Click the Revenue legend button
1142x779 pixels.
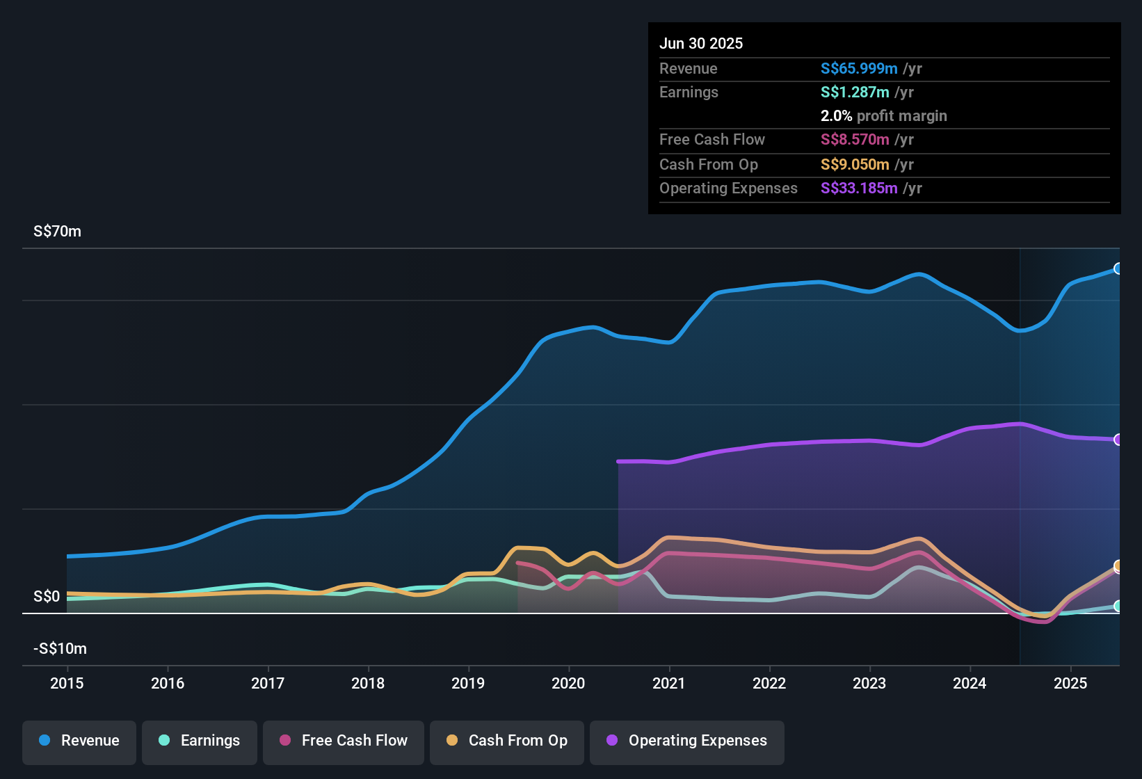[79, 741]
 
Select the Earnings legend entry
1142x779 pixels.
[200, 741]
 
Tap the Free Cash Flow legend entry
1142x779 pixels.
[344, 741]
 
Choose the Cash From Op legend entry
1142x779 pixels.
[507, 741]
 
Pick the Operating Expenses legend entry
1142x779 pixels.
[687, 741]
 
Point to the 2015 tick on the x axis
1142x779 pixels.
[67, 683]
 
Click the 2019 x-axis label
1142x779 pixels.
[468, 683]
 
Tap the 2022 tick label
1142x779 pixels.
[769, 683]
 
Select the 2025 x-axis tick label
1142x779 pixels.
[1070, 683]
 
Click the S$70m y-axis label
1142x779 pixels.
[57, 232]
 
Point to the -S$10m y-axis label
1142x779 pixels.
[60, 649]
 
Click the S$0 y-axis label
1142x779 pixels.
[47, 597]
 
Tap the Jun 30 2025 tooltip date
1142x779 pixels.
[701, 43]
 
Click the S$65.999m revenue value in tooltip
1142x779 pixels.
[859, 68]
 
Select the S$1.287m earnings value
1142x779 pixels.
[855, 92]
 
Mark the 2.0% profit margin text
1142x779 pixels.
[883, 115]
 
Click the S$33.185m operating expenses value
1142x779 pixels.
[859, 188]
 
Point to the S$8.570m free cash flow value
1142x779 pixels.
[855, 139]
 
